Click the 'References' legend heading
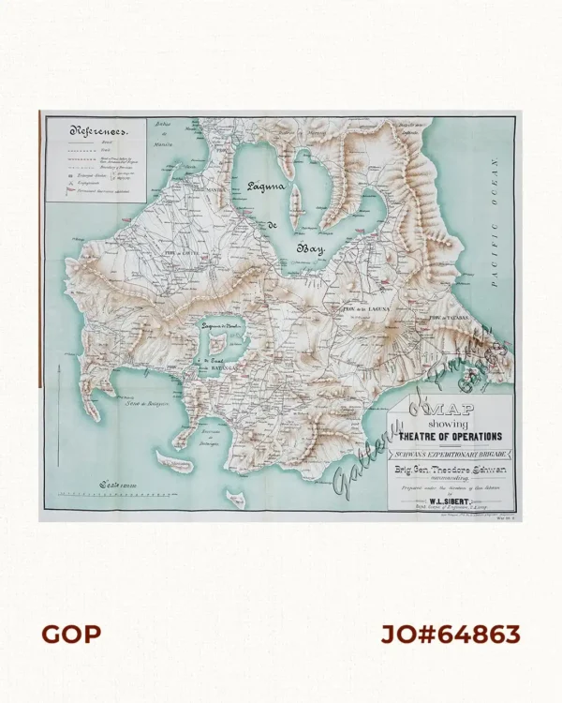pos(95,132)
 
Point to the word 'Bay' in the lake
pos(309,249)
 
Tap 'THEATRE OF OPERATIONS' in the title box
pos(451,436)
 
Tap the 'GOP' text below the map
pos(71,635)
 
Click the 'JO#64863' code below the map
pos(450,635)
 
